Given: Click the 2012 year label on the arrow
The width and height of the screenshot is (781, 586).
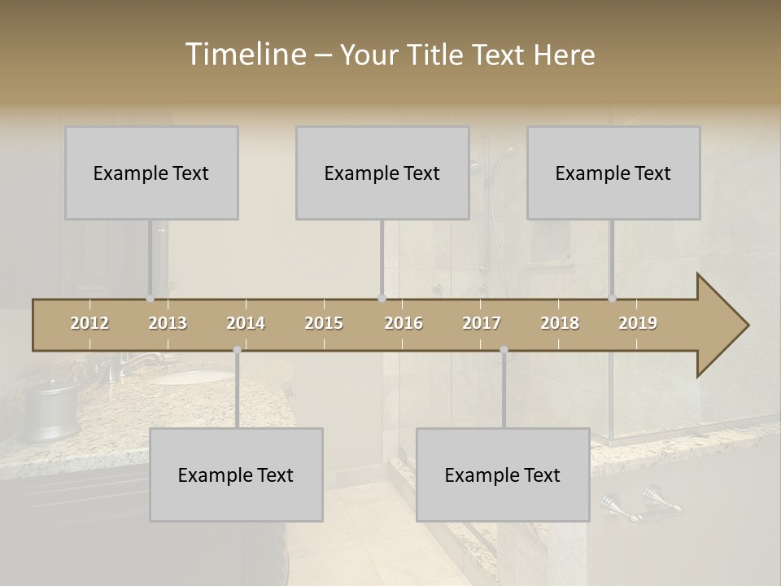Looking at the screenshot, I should coord(89,323).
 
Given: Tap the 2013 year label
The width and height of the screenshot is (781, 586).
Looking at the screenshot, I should coord(168,323).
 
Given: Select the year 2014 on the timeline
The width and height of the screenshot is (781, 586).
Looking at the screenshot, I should coord(246,323).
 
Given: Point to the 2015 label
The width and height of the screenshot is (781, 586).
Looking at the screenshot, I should coord(324,323).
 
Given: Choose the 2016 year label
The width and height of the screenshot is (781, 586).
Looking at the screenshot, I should coord(404,323).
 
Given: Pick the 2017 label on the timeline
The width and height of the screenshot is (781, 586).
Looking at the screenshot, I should coord(482,323).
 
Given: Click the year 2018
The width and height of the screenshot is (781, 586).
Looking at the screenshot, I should coord(560,323).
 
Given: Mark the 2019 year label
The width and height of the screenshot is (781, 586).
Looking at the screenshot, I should coord(638,323).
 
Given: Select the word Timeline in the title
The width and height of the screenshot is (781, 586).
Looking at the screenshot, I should coord(244,55).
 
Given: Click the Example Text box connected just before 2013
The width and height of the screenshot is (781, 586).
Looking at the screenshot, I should coord(151,173).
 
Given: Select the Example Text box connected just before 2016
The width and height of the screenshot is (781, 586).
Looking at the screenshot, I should coord(382,173).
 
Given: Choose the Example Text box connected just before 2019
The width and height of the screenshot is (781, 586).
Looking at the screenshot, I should coord(613,173).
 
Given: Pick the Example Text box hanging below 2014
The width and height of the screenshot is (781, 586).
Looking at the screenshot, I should coord(236,474).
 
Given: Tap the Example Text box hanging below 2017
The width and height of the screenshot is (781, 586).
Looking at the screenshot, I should coord(503,474).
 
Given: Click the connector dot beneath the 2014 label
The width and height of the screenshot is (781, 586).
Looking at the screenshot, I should coord(237,350).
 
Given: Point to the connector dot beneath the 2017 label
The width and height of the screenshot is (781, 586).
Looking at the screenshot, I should coord(504,350).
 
